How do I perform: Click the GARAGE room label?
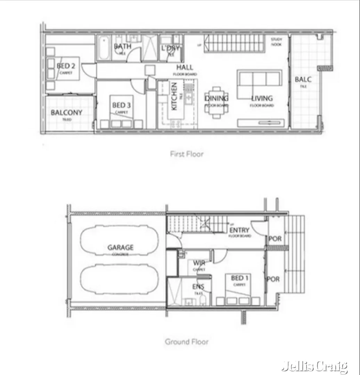point(120,248)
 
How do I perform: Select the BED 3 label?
point(121,105)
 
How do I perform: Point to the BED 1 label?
point(240,278)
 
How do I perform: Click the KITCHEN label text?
point(174,97)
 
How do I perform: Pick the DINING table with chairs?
point(216,102)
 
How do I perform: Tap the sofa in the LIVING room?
point(260,80)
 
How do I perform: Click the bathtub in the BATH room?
point(104,48)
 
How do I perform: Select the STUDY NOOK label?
point(277,42)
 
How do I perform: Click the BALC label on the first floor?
point(303,80)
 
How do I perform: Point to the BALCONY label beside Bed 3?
point(66,113)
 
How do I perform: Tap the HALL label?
point(185,67)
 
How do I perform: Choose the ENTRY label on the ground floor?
point(239,230)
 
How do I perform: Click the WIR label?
point(199,263)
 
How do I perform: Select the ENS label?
point(198,287)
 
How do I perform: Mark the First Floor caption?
point(187,154)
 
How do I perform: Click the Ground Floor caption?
point(187,342)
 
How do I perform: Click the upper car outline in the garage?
point(120,240)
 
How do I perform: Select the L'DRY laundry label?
point(170,48)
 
